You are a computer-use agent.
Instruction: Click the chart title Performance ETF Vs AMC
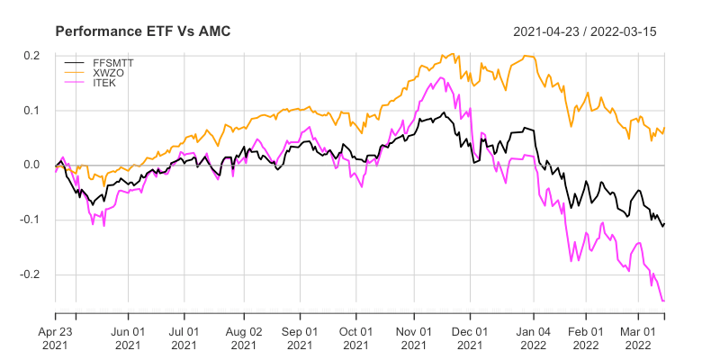[x=143, y=31]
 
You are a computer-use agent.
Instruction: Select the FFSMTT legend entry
[x=113, y=61]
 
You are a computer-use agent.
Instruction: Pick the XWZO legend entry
[x=108, y=72]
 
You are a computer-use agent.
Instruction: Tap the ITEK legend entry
[x=104, y=83]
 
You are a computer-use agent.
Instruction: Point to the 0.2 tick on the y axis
[x=32, y=56]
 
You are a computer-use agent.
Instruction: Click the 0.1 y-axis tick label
[x=32, y=111]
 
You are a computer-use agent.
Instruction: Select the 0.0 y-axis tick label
[x=32, y=166]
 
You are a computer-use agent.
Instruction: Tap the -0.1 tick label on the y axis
[x=31, y=220]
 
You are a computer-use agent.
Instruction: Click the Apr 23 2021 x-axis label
[x=55, y=337]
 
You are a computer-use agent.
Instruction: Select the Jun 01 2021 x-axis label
[x=128, y=337]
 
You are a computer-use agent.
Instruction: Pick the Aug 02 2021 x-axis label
[x=243, y=337]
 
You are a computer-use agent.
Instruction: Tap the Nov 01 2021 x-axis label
[x=414, y=337]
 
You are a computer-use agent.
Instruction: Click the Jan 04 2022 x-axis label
[x=534, y=337]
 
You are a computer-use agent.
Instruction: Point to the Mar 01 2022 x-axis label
[x=638, y=337]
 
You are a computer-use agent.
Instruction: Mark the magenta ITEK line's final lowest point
[x=663, y=301]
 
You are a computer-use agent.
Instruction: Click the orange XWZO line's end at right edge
[x=664, y=128]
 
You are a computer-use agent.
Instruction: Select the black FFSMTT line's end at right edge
[x=664, y=222]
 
